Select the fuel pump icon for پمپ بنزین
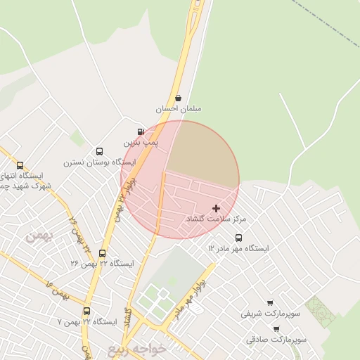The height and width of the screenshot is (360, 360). (x=141, y=131)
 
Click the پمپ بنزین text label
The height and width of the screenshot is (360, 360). (x=141, y=143)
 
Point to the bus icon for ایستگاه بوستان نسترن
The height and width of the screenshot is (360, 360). (x=99, y=151)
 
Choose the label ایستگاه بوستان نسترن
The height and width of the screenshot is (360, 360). (x=99, y=162)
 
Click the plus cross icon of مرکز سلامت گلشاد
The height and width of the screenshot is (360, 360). (x=216, y=208)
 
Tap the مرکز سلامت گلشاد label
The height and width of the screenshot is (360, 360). (x=216, y=220)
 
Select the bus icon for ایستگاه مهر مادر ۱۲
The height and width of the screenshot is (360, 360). (x=238, y=238)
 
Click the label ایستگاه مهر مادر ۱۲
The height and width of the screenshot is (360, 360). (x=238, y=249)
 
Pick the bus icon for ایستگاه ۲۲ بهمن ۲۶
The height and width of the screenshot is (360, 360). (x=103, y=253)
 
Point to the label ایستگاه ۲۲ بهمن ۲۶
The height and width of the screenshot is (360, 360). (x=102, y=264)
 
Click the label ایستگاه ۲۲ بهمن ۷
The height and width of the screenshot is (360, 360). (x=86, y=322)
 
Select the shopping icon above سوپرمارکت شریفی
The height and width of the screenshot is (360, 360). (x=270, y=302)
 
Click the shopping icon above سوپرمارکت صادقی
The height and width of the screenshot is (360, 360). (x=276, y=328)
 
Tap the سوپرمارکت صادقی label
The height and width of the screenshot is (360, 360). (x=276, y=340)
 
